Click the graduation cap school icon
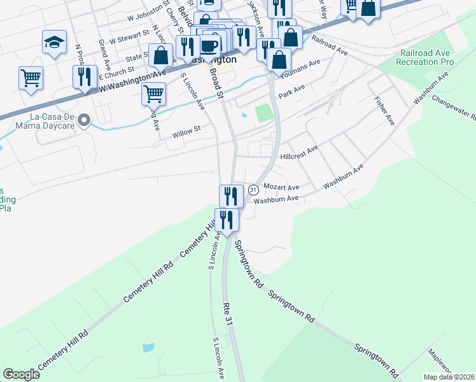point(55,43)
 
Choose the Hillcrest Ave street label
point(298,153)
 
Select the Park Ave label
point(291,90)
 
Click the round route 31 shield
point(253,190)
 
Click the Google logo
point(21,374)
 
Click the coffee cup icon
point(209,46)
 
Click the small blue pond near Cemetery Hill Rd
point(148,348)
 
